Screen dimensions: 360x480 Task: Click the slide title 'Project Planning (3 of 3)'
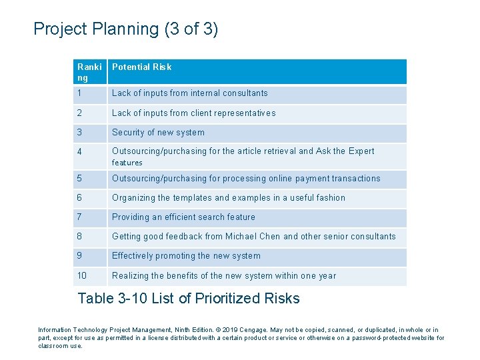point(125,29)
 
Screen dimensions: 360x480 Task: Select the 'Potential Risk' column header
point(142,67)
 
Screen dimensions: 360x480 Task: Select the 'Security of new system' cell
point(158,133)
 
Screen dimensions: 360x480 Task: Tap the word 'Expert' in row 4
point(361,151)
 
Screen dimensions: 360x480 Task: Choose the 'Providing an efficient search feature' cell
point(183,217)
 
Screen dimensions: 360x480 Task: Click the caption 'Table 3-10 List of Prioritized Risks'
point(189,299)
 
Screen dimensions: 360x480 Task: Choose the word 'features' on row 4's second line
point(127,163)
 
